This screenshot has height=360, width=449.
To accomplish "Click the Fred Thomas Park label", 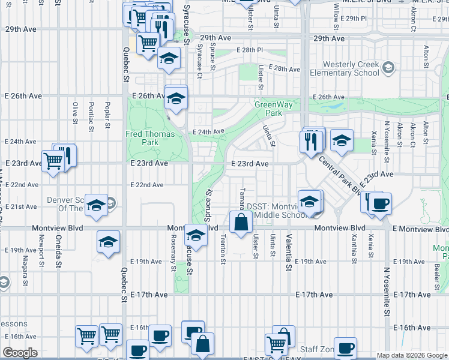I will pos(142,138).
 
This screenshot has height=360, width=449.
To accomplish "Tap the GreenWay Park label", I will pos(274,109).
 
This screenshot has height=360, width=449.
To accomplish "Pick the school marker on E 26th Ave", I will pos(176,98).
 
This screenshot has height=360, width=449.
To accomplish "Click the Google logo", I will pos(20,353).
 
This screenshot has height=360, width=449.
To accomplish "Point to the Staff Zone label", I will pos(317,349).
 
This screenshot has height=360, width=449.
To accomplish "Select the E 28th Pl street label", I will pos(250,50).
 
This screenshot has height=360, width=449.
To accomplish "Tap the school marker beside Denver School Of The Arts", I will pos(95,206).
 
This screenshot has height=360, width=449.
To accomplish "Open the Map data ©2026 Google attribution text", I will pos(411,355).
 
